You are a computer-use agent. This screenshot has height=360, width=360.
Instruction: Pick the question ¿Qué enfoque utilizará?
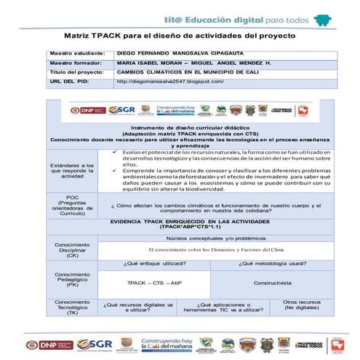pos(155,263)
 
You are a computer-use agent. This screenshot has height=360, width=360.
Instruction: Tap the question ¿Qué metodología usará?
pos(271,263)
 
